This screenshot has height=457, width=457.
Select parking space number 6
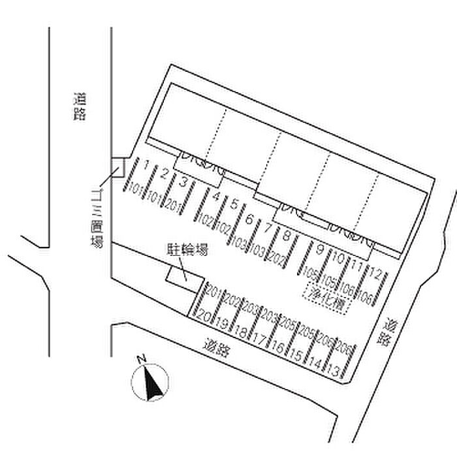(249, 219)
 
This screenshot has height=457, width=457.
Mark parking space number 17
(259, 338)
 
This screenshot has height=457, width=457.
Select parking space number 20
(204, 317)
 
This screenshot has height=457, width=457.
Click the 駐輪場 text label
(185, 250)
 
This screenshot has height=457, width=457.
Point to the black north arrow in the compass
(153, 385)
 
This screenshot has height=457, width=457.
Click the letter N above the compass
(140, 359)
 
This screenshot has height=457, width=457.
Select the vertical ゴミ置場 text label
(98, 220)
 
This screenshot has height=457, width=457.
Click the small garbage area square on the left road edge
(118, 168)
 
